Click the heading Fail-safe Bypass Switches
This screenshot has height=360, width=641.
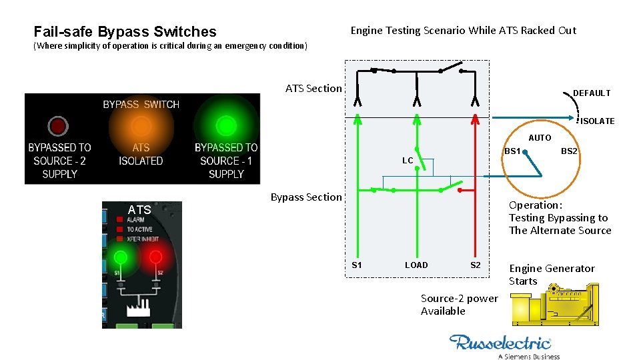point(125,31)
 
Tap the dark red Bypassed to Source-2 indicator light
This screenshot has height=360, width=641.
point(58,125)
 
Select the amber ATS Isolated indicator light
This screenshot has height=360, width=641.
point(141,125)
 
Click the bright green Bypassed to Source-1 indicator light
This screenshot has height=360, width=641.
point(226,125)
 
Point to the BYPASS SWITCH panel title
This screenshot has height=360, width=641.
point(141,105)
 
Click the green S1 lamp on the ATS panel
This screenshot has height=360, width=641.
point(121,257)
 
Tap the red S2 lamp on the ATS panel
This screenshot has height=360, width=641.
point(155,257)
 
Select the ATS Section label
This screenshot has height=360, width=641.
point(313,88)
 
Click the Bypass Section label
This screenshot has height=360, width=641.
point(305,197)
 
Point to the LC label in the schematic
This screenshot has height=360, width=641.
point(408,161)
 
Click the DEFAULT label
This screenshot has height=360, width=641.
point(591,93)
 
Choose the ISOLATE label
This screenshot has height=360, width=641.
point(597,121)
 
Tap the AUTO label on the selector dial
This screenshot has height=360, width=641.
point(540,138)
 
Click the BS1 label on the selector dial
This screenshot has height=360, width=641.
point(512,151)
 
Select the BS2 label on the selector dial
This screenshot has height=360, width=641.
point(569,151)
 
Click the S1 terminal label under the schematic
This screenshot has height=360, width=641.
point(357,265)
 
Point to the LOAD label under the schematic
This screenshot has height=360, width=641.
point(416,265)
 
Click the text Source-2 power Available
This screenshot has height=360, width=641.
point(459,305)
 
